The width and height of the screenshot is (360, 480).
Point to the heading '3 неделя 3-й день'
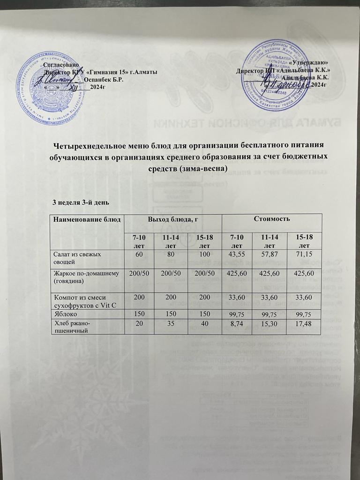[x=81, y=202]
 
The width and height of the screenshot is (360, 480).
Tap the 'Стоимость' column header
[x=272, y=219]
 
